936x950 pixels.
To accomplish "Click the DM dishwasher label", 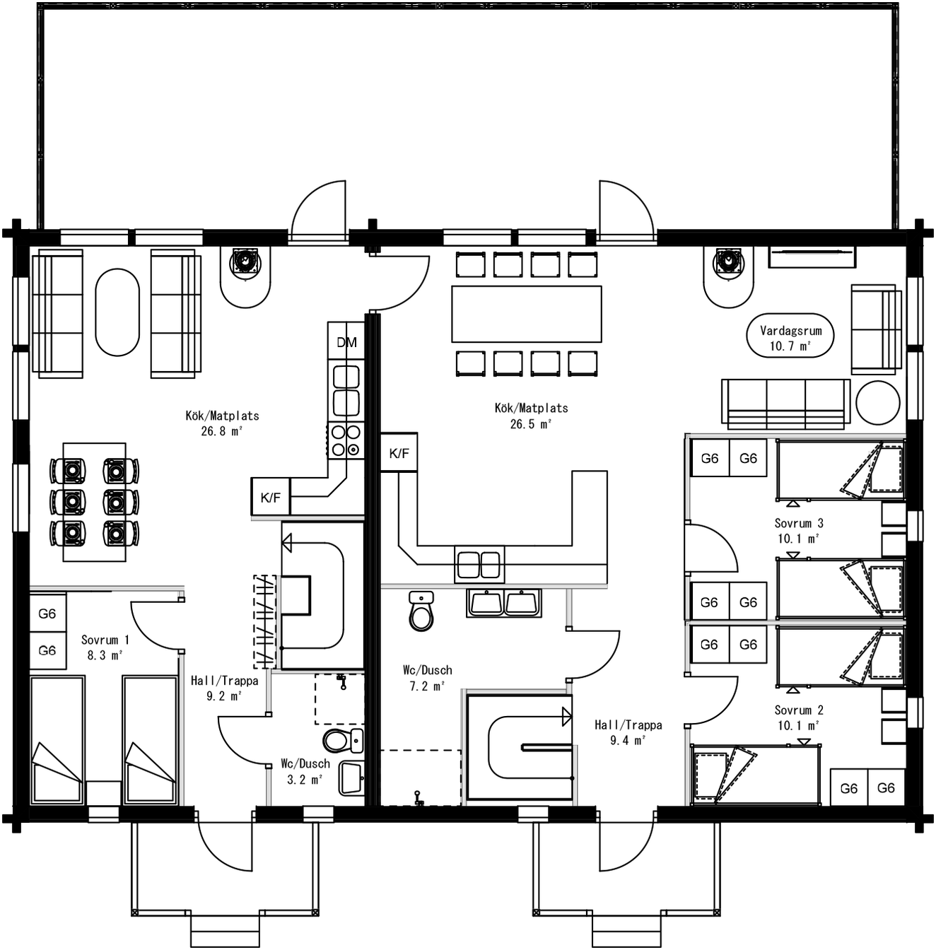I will coord(346,343).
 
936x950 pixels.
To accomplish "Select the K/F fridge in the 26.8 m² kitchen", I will coord(271,498).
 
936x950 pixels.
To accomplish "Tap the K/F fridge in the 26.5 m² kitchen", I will coord(399,453).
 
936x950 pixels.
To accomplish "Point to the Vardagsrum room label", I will coord(790,338).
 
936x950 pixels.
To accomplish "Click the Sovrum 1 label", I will coord(105,647).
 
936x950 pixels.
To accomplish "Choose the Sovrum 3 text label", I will coord(799,530).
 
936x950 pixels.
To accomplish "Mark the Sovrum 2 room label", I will coord(799,717).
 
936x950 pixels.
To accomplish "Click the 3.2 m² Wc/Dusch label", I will coord(305,771).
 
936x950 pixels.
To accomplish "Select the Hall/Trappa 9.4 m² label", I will coord(628,732).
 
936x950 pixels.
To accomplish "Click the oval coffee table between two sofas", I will coord(117,312).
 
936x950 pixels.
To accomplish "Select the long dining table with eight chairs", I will coord(527,314).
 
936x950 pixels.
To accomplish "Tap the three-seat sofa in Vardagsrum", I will coord(785,404).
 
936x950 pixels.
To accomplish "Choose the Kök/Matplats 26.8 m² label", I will coord(222,423).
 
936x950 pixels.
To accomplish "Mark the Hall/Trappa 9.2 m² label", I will coord(224,688).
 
